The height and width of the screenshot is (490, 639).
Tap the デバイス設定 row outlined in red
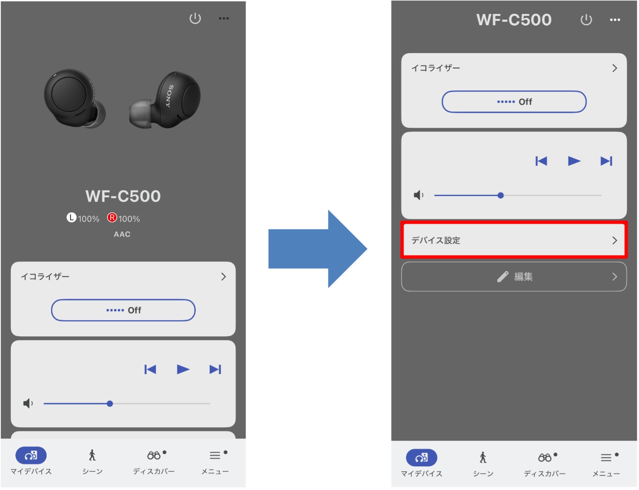[514, 240]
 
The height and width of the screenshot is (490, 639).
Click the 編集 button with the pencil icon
[514, 277]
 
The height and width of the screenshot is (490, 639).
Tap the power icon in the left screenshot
[195, 18]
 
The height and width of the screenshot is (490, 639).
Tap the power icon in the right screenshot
[586, 20]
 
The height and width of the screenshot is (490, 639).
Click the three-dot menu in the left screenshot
[224, 18]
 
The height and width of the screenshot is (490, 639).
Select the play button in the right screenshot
[574, 161]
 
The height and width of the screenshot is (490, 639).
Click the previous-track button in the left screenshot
[150, 369]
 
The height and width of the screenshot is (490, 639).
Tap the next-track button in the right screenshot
[606, 161]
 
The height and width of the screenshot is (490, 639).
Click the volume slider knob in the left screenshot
[110, 403]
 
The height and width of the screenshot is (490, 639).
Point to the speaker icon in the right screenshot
[418, 195]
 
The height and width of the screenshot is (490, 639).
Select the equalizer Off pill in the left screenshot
[123, 310]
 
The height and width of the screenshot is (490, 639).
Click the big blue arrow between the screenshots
[317, 249]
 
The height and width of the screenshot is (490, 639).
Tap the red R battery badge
[112, 218]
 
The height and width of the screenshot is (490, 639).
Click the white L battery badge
[71, 218]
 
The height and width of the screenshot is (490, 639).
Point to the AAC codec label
[122, 234]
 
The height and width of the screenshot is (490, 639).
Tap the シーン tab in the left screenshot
[92, 461]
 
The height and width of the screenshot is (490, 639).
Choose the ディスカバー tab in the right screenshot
[545, 464]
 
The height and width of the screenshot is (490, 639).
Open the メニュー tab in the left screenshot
[215, 461]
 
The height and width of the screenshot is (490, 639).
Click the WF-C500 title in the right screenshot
[514, 20]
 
